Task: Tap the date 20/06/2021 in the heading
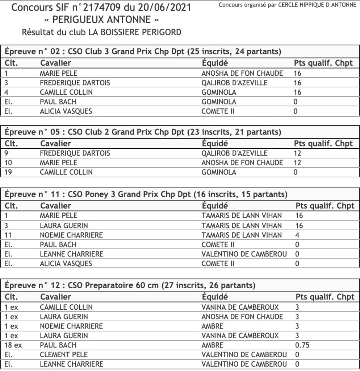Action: click(x=168, y=8)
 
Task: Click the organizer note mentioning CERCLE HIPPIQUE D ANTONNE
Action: click(x=288, y=5)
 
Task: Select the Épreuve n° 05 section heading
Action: click(x=143, y=132)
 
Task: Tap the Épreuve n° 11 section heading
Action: click(x=146, y=194)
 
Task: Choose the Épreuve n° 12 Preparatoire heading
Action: click(x=130, y=285)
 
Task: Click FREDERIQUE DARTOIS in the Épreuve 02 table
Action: click(x=75, y=83)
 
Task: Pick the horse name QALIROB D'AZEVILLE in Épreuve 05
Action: click(x=234, y=153)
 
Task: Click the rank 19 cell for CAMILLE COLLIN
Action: click(x=9, y=172)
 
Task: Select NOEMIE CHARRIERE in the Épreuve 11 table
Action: click(x=71, y=235)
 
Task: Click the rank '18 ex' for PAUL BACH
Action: click(x=13, y=345)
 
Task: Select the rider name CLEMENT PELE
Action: click(x=64, y=354)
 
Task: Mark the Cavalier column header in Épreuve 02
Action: click(x=56, y=63)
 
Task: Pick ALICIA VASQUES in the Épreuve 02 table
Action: click(x=66, y=111)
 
